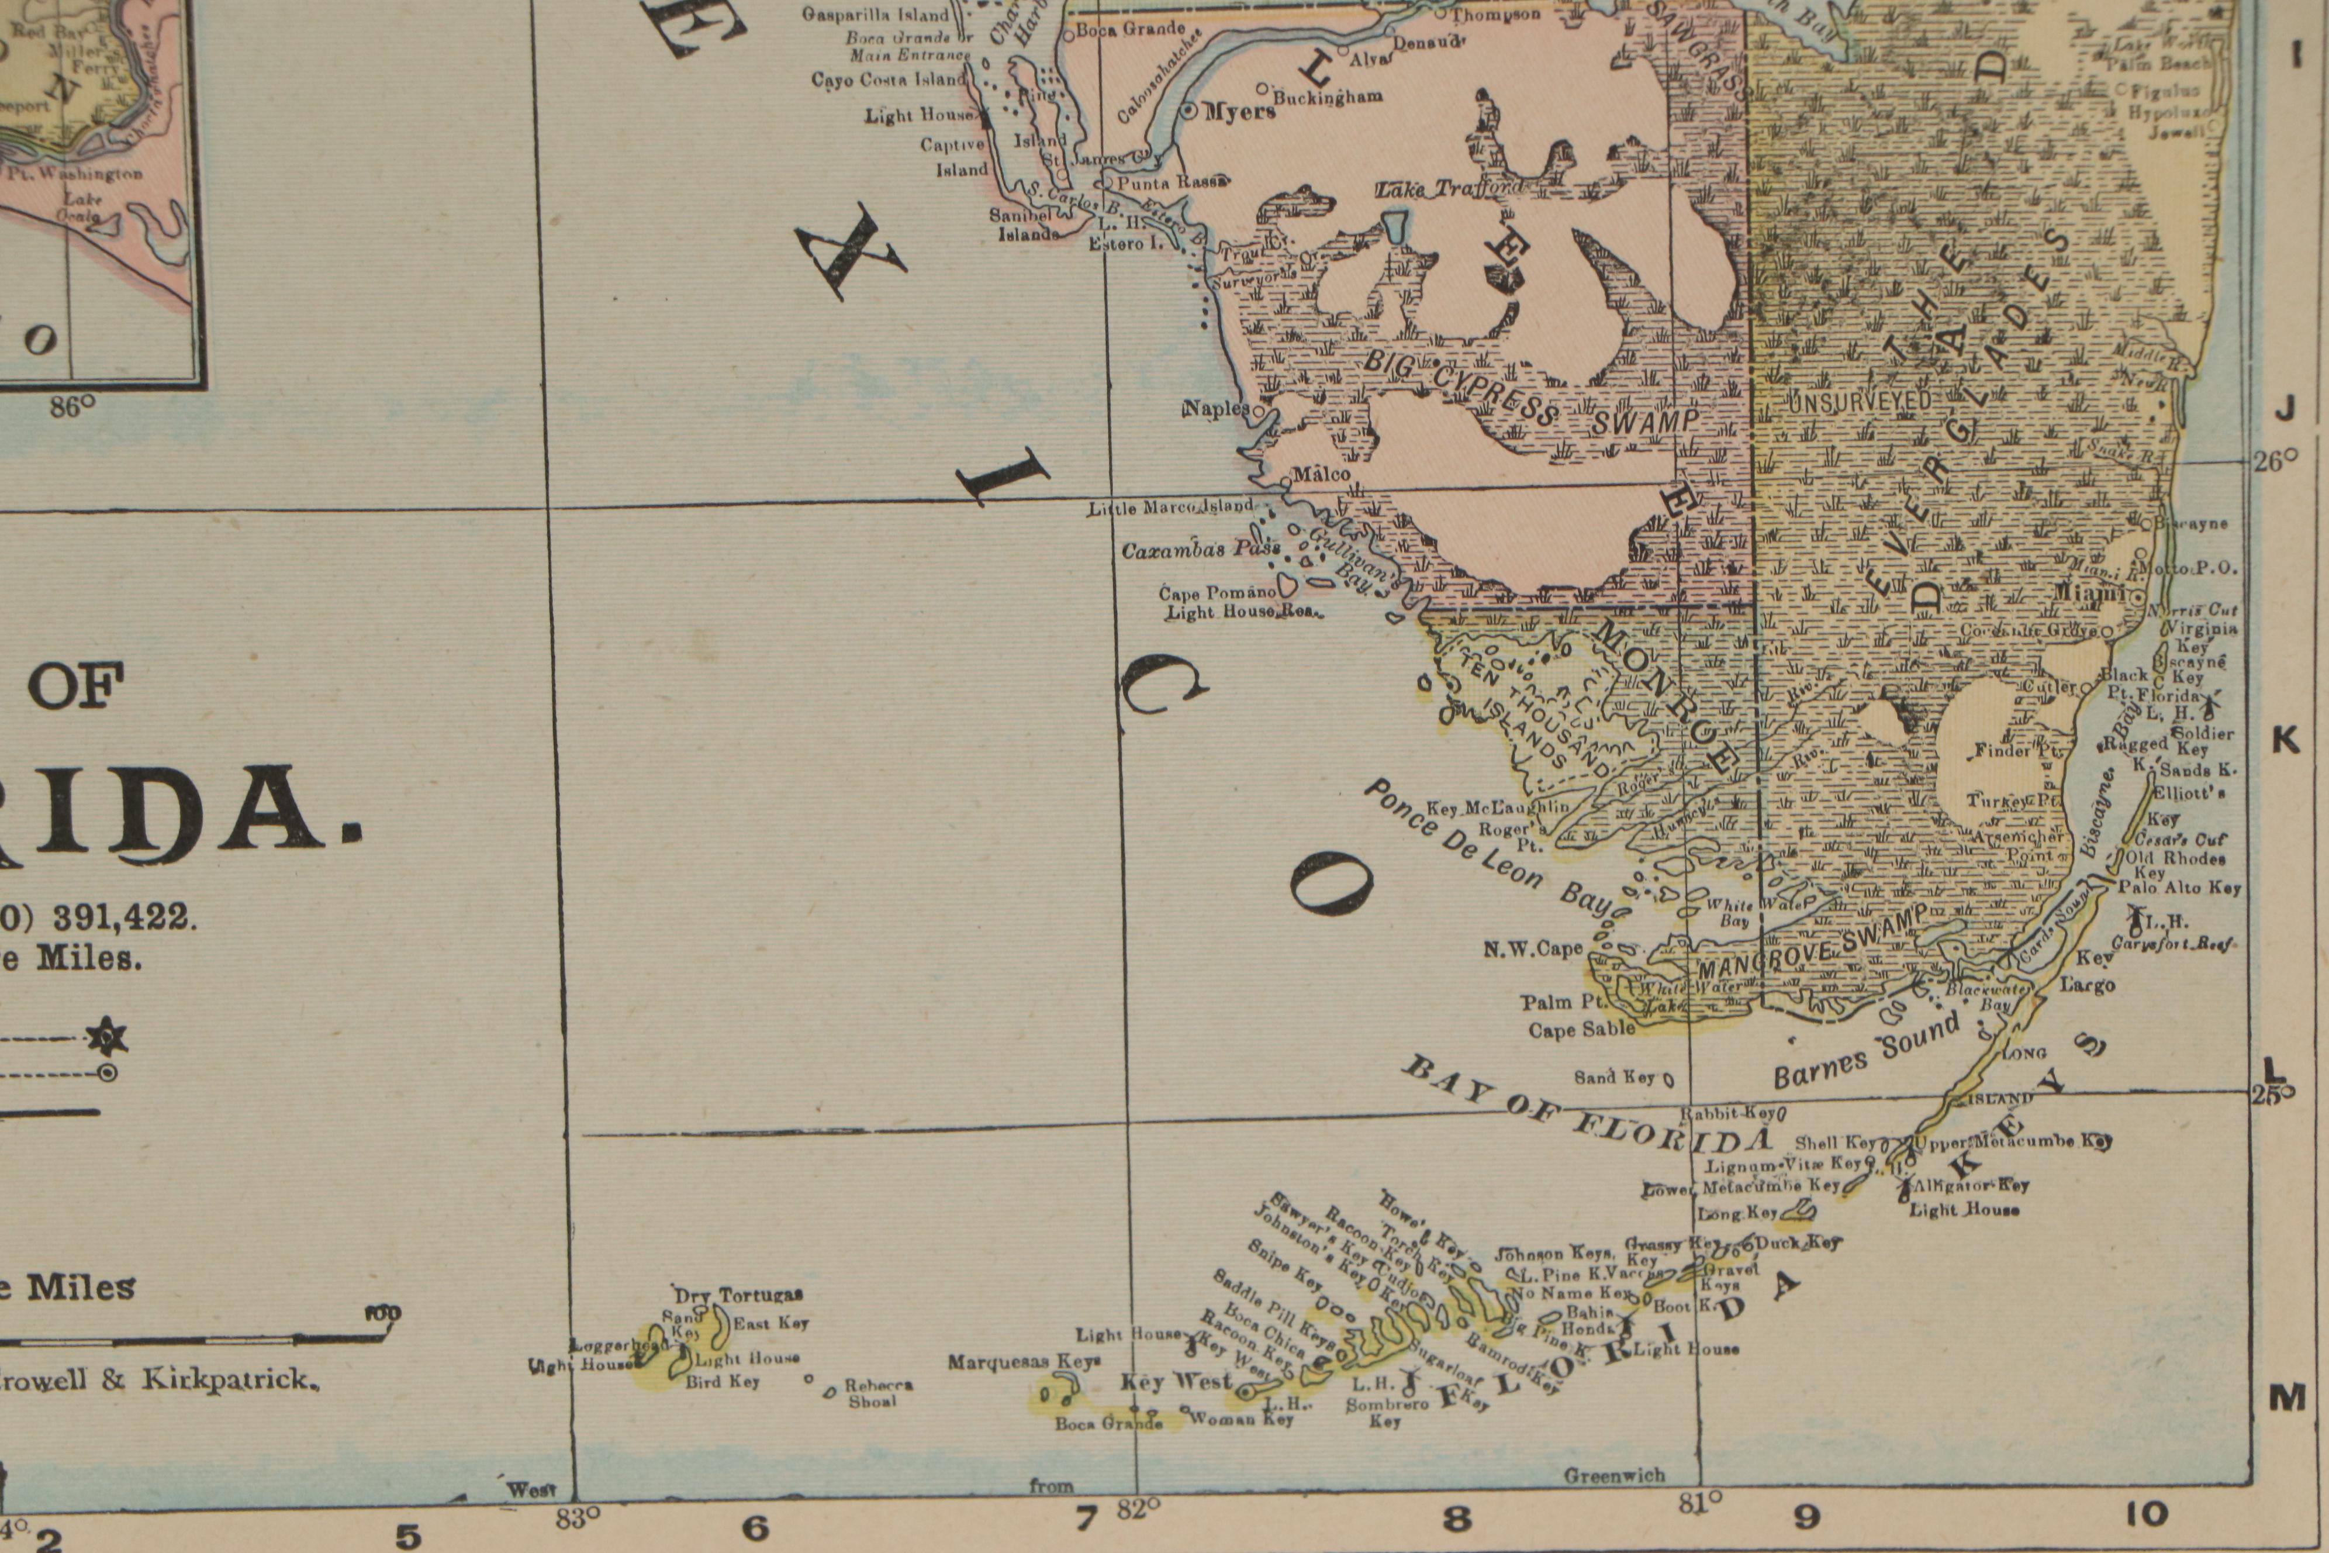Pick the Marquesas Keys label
pyautogui.click(x=1024, y=1362)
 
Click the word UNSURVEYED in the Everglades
pyautogui.click(x=1858, y=401)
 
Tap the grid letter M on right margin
pyautogui.click(x=2287, y=1397)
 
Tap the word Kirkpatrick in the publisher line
pyautogui.click(x=230, y=1380)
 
